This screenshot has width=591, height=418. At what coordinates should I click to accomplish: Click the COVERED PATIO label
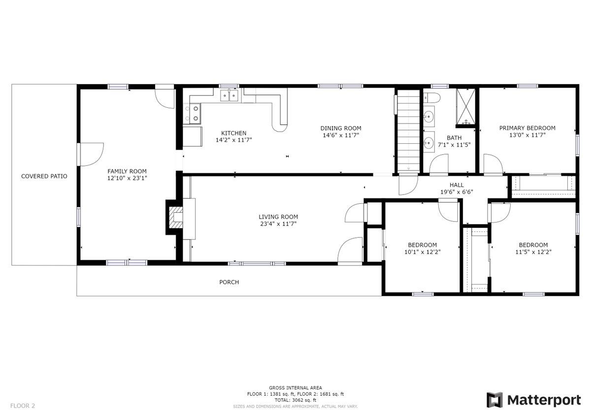(x=44, y=176)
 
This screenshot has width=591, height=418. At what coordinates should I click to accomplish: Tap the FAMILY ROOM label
(x=127, y=171)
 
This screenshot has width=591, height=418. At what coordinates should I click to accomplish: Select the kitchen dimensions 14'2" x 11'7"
(x=234, y=140)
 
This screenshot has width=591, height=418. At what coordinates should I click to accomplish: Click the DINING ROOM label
(x=341, y=128)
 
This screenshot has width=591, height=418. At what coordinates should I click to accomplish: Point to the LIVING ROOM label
(x=278, y=217)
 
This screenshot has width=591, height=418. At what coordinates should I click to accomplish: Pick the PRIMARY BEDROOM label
(x=527, y=128)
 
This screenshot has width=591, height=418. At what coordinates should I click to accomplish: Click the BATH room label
(x=454, y=138)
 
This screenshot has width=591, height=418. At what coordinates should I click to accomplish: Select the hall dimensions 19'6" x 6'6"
(x=457, y=192)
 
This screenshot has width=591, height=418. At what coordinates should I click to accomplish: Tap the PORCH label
(x=229, y=282)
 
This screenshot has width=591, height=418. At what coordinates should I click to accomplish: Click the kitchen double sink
(x=229, y=95)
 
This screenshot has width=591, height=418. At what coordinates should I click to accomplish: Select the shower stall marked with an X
(x=466, y=106)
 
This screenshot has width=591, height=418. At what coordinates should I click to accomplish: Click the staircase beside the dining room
(x=409, y=131)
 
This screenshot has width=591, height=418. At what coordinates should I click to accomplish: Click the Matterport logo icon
(x=494, y=400)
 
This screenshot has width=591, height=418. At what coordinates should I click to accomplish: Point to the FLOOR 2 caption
(x=23, y=406)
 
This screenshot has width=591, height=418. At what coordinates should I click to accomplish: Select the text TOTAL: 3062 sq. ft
(x=295, y=400)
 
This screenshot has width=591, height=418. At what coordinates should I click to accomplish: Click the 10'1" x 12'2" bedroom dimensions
(x=423, y=252)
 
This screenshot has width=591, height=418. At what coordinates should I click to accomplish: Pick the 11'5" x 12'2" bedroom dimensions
(x=533, y=252)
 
